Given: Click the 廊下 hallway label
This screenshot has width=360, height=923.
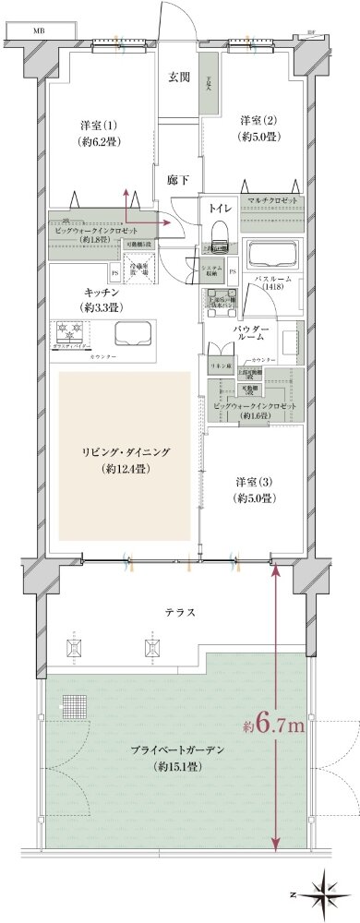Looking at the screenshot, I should (x=178, y=181).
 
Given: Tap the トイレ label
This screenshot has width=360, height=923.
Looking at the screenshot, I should (x=220, y=210).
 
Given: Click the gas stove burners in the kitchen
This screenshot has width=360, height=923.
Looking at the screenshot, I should (x=70, y=330).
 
